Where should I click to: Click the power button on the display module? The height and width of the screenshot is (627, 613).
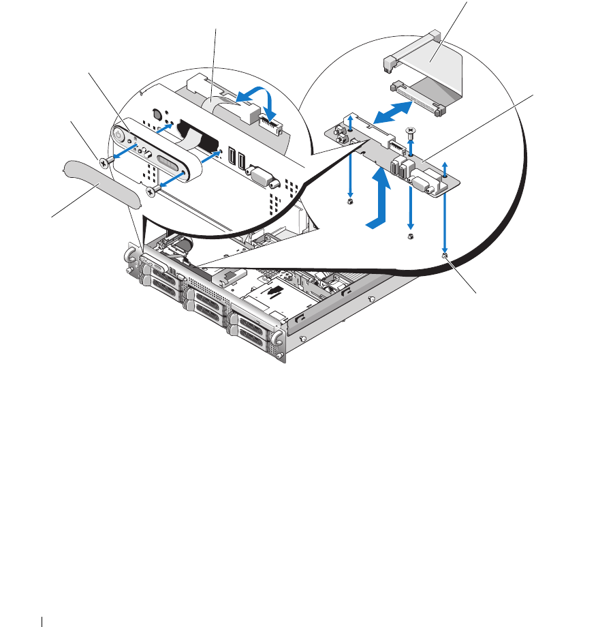[119, 136]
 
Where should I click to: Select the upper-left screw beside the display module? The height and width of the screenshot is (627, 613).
[104, 162]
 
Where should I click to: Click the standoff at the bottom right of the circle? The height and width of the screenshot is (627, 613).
[444, 256]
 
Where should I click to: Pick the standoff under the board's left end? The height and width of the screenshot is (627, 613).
[349, 202]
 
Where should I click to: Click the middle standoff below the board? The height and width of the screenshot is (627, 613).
[410, 236]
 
